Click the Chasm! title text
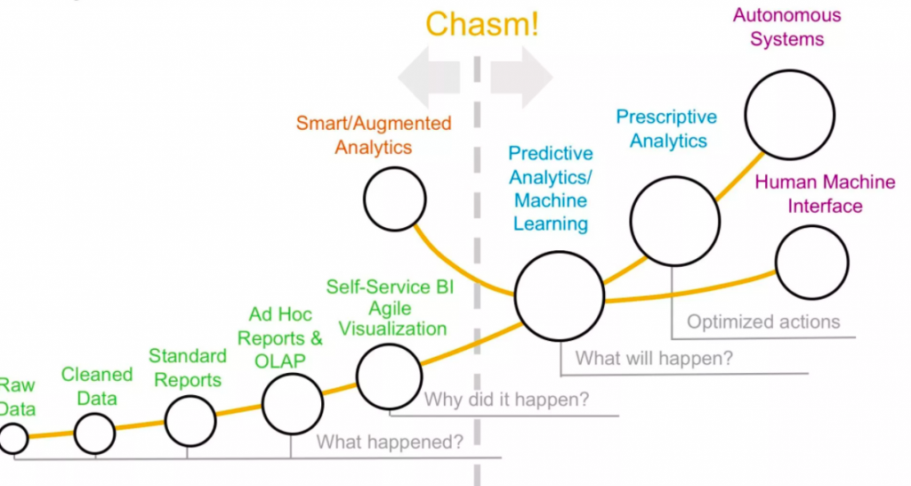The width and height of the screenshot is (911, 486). pos(481,24)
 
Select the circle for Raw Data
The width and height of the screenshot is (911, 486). pos(12,438)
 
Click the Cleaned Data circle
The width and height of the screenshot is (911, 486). pos(94,433)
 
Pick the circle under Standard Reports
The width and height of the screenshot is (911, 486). pos(190,420)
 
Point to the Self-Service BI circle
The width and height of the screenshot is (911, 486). pos(390,375)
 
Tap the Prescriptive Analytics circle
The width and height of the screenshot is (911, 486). pos(674,220)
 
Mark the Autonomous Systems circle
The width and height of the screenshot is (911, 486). pos(789,114)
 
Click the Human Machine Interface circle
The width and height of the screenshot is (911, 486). pos(811,263)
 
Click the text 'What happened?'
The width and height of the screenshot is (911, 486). pos(390,441)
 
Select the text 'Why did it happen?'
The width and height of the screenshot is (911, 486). pos(506,400)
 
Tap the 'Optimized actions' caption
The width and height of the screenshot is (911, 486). pos(762,321)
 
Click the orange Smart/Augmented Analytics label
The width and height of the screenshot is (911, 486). pos(374,134)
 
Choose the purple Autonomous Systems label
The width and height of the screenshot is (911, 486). pos(786,27)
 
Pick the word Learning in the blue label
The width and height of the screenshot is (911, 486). pos(551,223)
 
